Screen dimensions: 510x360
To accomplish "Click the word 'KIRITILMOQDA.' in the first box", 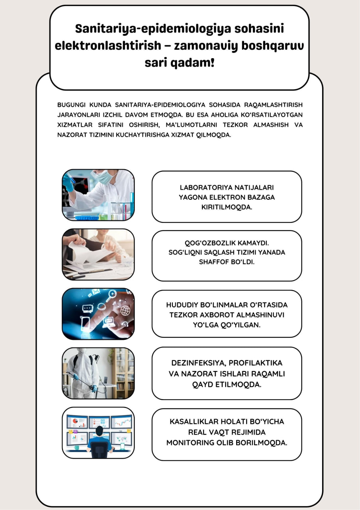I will (227, 207).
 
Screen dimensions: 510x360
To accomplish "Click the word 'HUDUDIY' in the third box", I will (182, 305).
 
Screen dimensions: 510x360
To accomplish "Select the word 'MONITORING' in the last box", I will (188, 443).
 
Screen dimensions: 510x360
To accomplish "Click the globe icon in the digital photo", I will (125, 310).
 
